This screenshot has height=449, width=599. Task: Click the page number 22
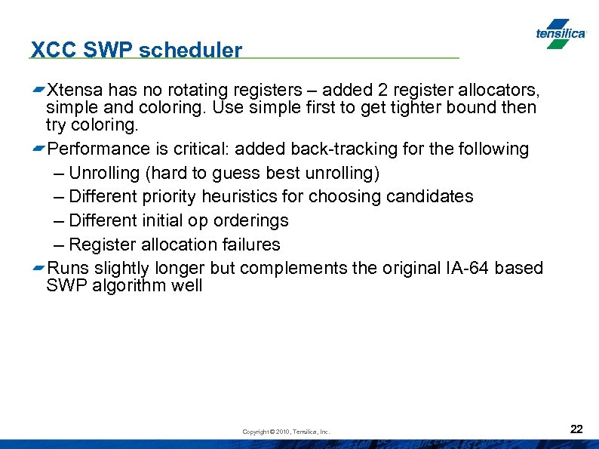click(576, 429)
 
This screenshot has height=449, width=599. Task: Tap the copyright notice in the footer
click(286, 432)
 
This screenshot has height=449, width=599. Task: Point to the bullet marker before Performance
click(38, 149)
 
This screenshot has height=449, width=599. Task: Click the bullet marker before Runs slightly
click(38, 269)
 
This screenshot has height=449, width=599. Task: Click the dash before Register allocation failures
click(60, 244)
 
